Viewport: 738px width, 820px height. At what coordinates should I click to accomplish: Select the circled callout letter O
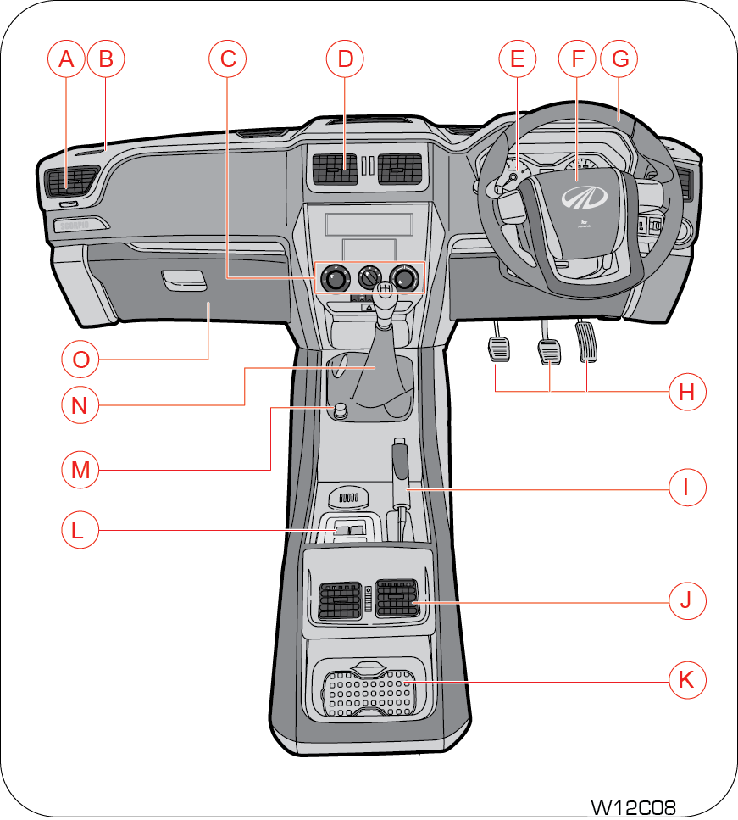tap(80, 360)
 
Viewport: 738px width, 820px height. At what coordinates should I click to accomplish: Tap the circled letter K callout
tap(685, 679)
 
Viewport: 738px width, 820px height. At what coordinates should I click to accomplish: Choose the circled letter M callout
tap(80, 469)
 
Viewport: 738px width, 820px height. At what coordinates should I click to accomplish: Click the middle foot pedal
tap(548, 349)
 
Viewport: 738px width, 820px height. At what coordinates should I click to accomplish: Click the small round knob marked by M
tap(341, 411)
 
